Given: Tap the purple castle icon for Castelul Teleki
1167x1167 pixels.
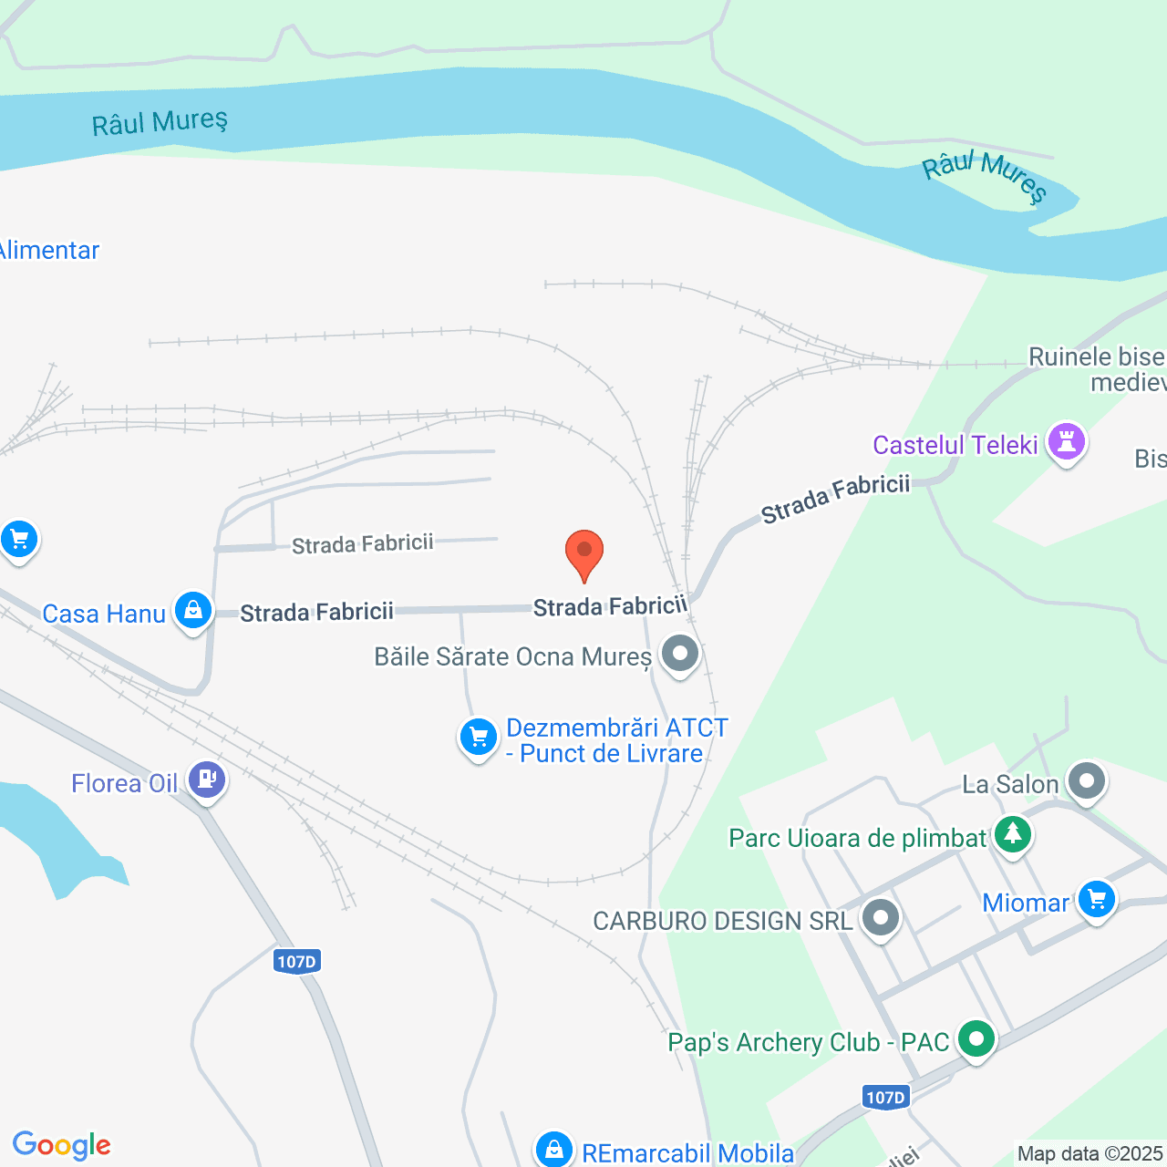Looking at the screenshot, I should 1066,442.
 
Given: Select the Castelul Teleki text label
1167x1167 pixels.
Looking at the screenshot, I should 955,445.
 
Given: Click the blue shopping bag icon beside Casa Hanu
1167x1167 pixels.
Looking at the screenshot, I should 193,610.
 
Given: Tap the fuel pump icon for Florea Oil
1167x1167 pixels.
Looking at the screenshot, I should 207,780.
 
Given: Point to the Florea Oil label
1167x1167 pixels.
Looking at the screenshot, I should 124,783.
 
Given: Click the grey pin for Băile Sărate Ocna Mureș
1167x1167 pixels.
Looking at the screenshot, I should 679,654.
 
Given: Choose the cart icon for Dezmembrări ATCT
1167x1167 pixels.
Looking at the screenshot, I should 478,737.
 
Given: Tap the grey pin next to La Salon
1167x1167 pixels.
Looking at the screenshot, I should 1086,781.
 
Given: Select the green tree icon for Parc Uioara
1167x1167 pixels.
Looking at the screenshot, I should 1012,834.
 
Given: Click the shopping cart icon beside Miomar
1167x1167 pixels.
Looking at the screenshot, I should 1096,900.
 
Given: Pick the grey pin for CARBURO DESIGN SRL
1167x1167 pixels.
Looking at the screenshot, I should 881,918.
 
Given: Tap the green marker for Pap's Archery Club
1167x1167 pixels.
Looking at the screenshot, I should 976,1039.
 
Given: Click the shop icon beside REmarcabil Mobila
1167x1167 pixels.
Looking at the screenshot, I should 553,1150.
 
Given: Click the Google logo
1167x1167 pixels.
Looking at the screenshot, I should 62,1145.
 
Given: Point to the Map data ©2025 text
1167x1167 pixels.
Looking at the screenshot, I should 1090,1153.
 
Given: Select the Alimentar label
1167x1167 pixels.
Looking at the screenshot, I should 49,251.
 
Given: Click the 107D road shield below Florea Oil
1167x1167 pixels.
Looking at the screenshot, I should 297,961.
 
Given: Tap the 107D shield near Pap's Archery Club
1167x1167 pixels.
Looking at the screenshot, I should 885,1097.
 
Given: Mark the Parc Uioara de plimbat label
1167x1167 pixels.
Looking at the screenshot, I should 857,838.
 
